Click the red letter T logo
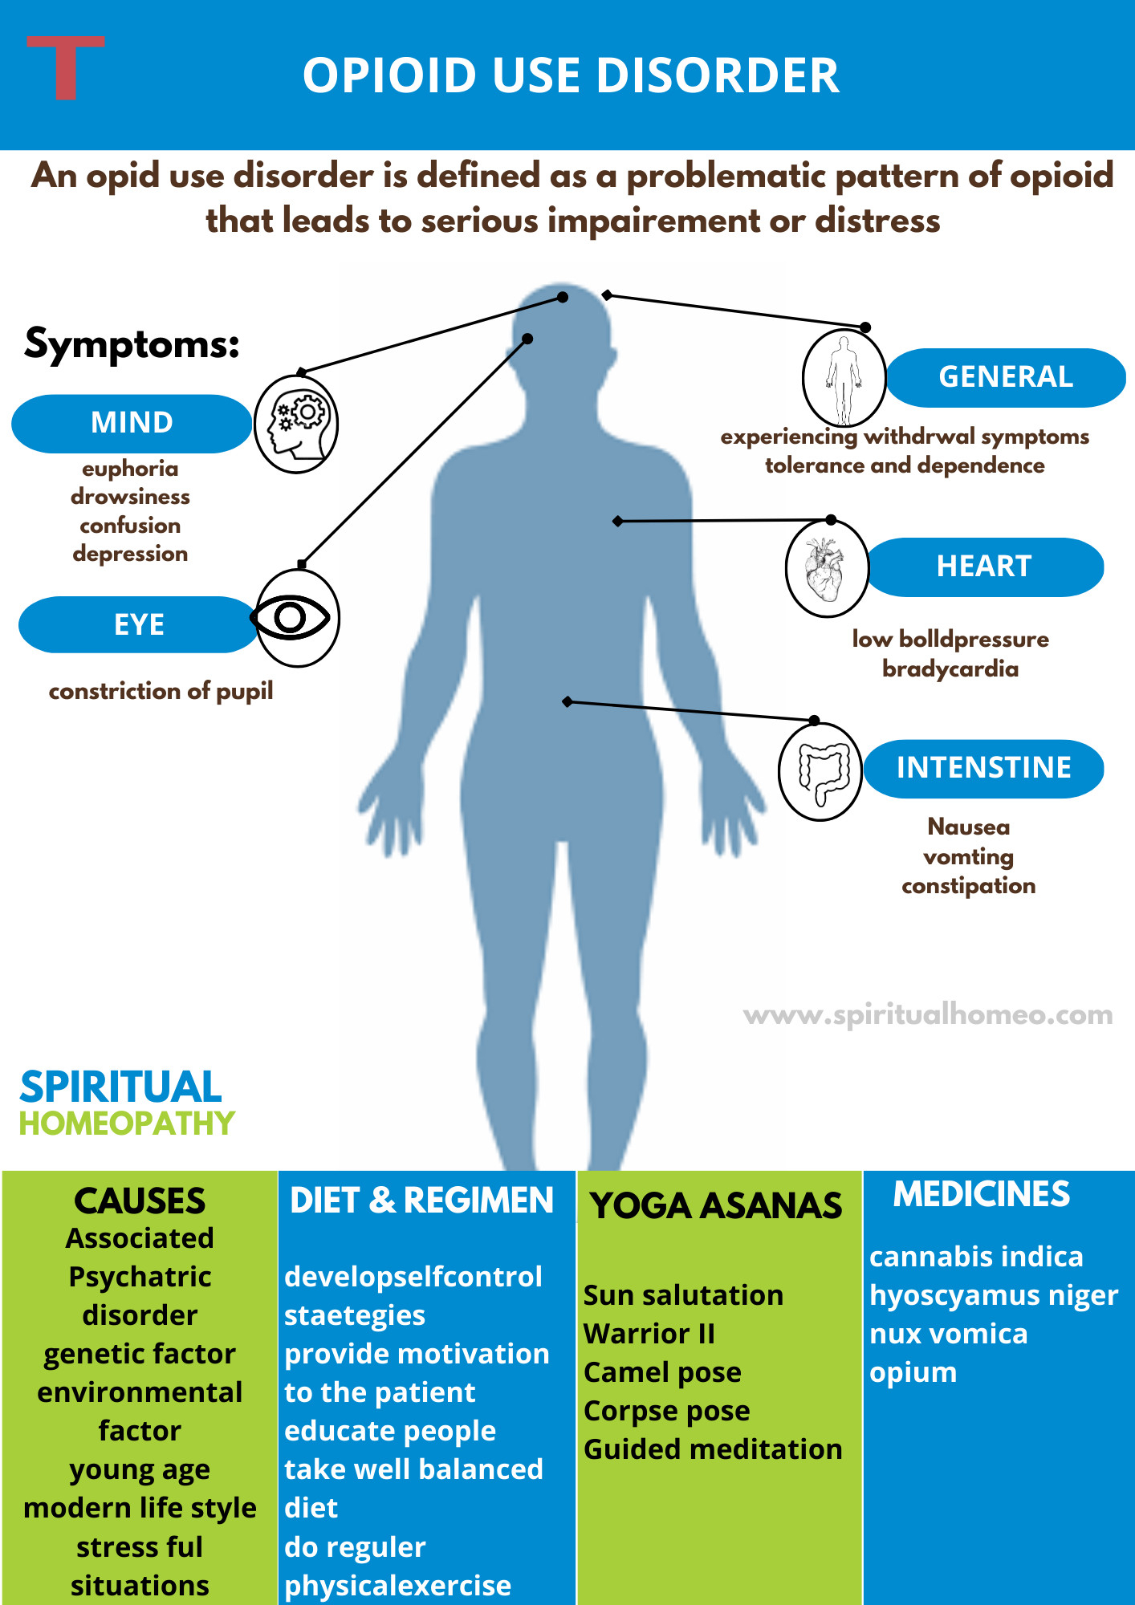65,67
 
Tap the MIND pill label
132,423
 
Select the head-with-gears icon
296,424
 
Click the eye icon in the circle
294,618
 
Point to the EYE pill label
138,624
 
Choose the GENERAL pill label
1005,377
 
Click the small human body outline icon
844,378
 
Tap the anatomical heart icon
826,569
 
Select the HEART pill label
984,567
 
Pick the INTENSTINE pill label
983,768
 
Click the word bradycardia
950,668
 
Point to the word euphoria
130,469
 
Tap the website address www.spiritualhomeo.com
928,1015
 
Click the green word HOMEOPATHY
127,1123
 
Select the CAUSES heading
140,1201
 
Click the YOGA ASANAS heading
716,1205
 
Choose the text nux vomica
948,1334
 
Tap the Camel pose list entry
662,1372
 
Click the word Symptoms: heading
132,343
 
